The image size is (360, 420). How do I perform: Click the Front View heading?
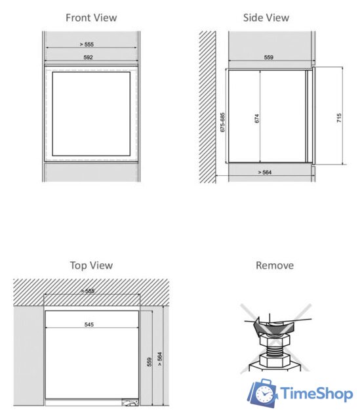(91, 18)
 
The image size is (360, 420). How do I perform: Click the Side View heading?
(266, 18)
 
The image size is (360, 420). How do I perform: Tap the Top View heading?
(91, 265)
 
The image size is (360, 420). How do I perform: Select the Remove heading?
(275, 265)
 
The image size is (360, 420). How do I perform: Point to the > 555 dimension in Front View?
(87, 45)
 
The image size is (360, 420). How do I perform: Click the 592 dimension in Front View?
(88, 57)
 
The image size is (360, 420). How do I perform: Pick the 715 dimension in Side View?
(339, 118)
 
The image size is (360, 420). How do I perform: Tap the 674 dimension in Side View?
(257, 118)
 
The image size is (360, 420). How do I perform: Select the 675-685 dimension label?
(222, 122)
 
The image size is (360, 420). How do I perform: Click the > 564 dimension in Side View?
(265, 172)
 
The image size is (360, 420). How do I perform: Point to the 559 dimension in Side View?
(269, 57)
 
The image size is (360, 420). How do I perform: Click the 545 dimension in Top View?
(89, 325)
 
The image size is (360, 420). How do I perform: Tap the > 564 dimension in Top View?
(159, 359)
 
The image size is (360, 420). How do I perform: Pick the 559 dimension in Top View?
(150, 362)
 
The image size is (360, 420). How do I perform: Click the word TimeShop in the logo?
(316, 394)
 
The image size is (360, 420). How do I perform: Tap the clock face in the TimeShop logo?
(264, 394)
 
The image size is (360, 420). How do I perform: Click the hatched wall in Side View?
(207, 107)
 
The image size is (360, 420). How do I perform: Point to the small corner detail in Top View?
(130, 402)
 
